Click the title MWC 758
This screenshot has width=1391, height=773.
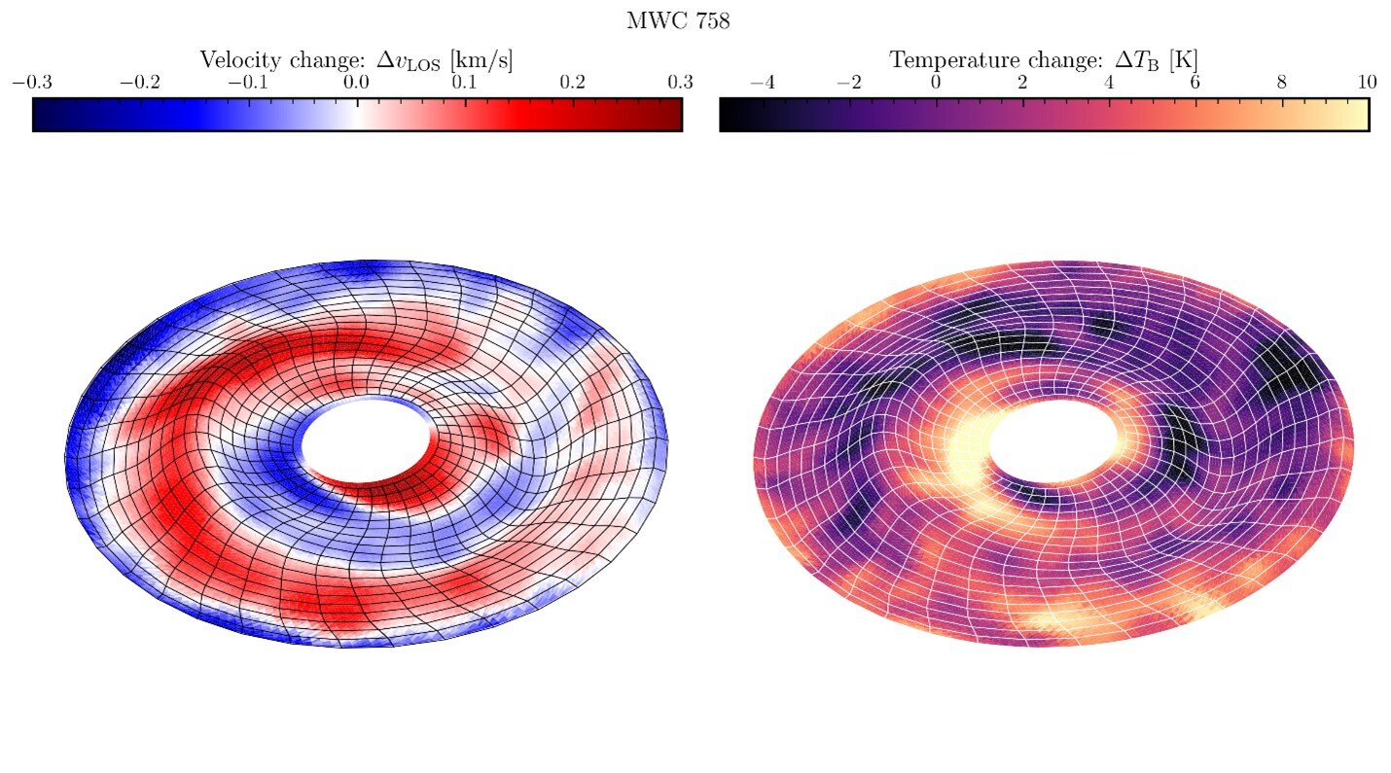(678, 21)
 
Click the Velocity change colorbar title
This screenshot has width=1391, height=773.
(356, 60)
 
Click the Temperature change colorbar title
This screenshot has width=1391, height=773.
(1044, 60)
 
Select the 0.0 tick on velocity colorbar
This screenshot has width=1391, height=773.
(356, 83)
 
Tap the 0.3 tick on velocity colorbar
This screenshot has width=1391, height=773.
(681, 83)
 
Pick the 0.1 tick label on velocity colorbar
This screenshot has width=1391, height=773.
(464, 83)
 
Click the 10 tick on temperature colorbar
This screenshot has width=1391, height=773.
(1367, 83)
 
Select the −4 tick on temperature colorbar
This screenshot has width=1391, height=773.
(762, 83)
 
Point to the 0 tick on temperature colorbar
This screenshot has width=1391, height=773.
(935, 83)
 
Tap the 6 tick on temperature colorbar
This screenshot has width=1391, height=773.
(1195, 83)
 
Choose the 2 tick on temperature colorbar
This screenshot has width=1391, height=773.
(1021, 83)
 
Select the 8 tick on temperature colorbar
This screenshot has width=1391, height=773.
(1281, 83)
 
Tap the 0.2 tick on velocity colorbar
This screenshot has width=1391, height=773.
(573, 83)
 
